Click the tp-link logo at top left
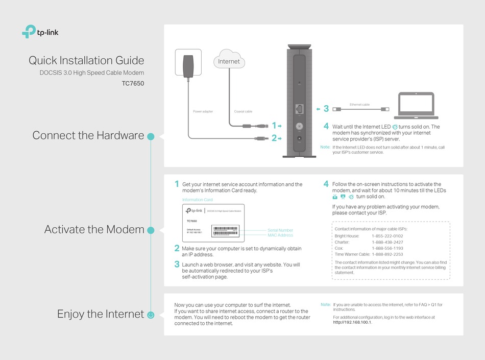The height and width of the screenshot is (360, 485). click(43, 32)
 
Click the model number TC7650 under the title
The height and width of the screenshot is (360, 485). click(133, 83)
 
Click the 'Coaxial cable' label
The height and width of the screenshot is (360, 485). click(243, 111)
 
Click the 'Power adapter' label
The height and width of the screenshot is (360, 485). click(203, 111)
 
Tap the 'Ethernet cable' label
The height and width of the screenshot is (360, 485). click(359, 104)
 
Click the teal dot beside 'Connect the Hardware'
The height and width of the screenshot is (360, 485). click(151, 136)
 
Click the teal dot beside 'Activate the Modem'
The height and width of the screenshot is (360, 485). click(151, 230)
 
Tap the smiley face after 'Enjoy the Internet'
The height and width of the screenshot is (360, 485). click(151, 315)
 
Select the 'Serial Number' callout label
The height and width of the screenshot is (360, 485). click(280, 230)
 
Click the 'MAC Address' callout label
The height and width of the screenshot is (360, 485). click(280, 235)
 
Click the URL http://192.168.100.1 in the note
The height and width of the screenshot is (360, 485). click(352, 322)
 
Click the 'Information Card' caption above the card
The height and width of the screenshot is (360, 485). click(197, 200)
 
